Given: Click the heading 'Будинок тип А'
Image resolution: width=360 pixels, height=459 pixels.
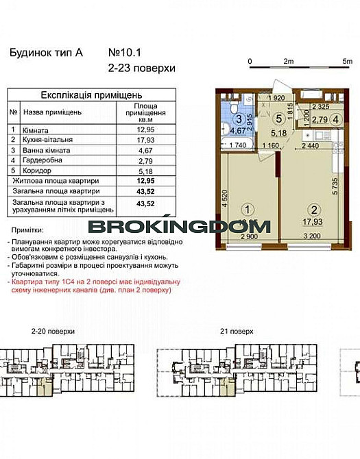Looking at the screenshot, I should (46, 53).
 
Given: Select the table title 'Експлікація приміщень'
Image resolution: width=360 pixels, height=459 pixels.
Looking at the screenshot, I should (91, 95).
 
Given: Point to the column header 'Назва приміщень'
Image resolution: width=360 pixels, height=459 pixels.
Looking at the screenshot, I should (53, 112).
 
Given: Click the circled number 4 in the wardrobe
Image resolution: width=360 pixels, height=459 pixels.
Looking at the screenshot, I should (336, 119).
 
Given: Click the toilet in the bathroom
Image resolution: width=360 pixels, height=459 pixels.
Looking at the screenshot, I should (234, 110).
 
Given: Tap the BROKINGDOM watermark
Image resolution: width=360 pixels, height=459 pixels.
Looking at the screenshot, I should (180, 226).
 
